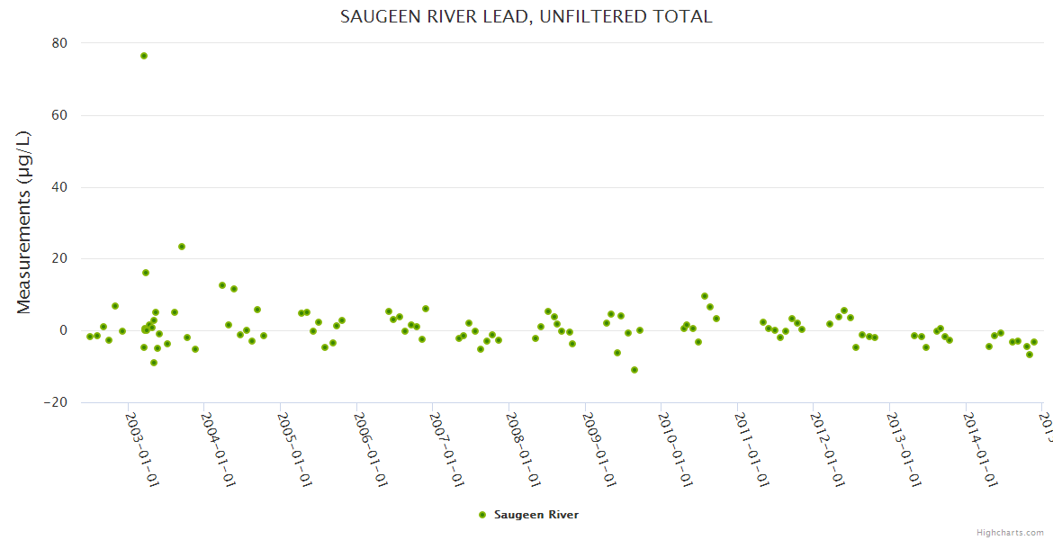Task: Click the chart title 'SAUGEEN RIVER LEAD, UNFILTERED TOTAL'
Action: tap(526, 16)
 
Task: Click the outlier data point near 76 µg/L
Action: tap(144, 56)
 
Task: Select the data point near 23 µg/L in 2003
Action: tap(182, 247)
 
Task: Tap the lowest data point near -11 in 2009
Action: tap(634, 370)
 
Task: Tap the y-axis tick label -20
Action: tap(57, 402)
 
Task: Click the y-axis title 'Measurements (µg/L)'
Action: tap(24, 222)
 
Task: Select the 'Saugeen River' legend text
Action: tap(536, 515)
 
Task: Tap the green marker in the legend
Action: tap(482, 515)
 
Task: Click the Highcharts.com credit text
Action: tap(1010, 532)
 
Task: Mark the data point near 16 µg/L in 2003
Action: tap(146, 273)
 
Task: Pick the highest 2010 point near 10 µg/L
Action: tap(705, 296)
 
